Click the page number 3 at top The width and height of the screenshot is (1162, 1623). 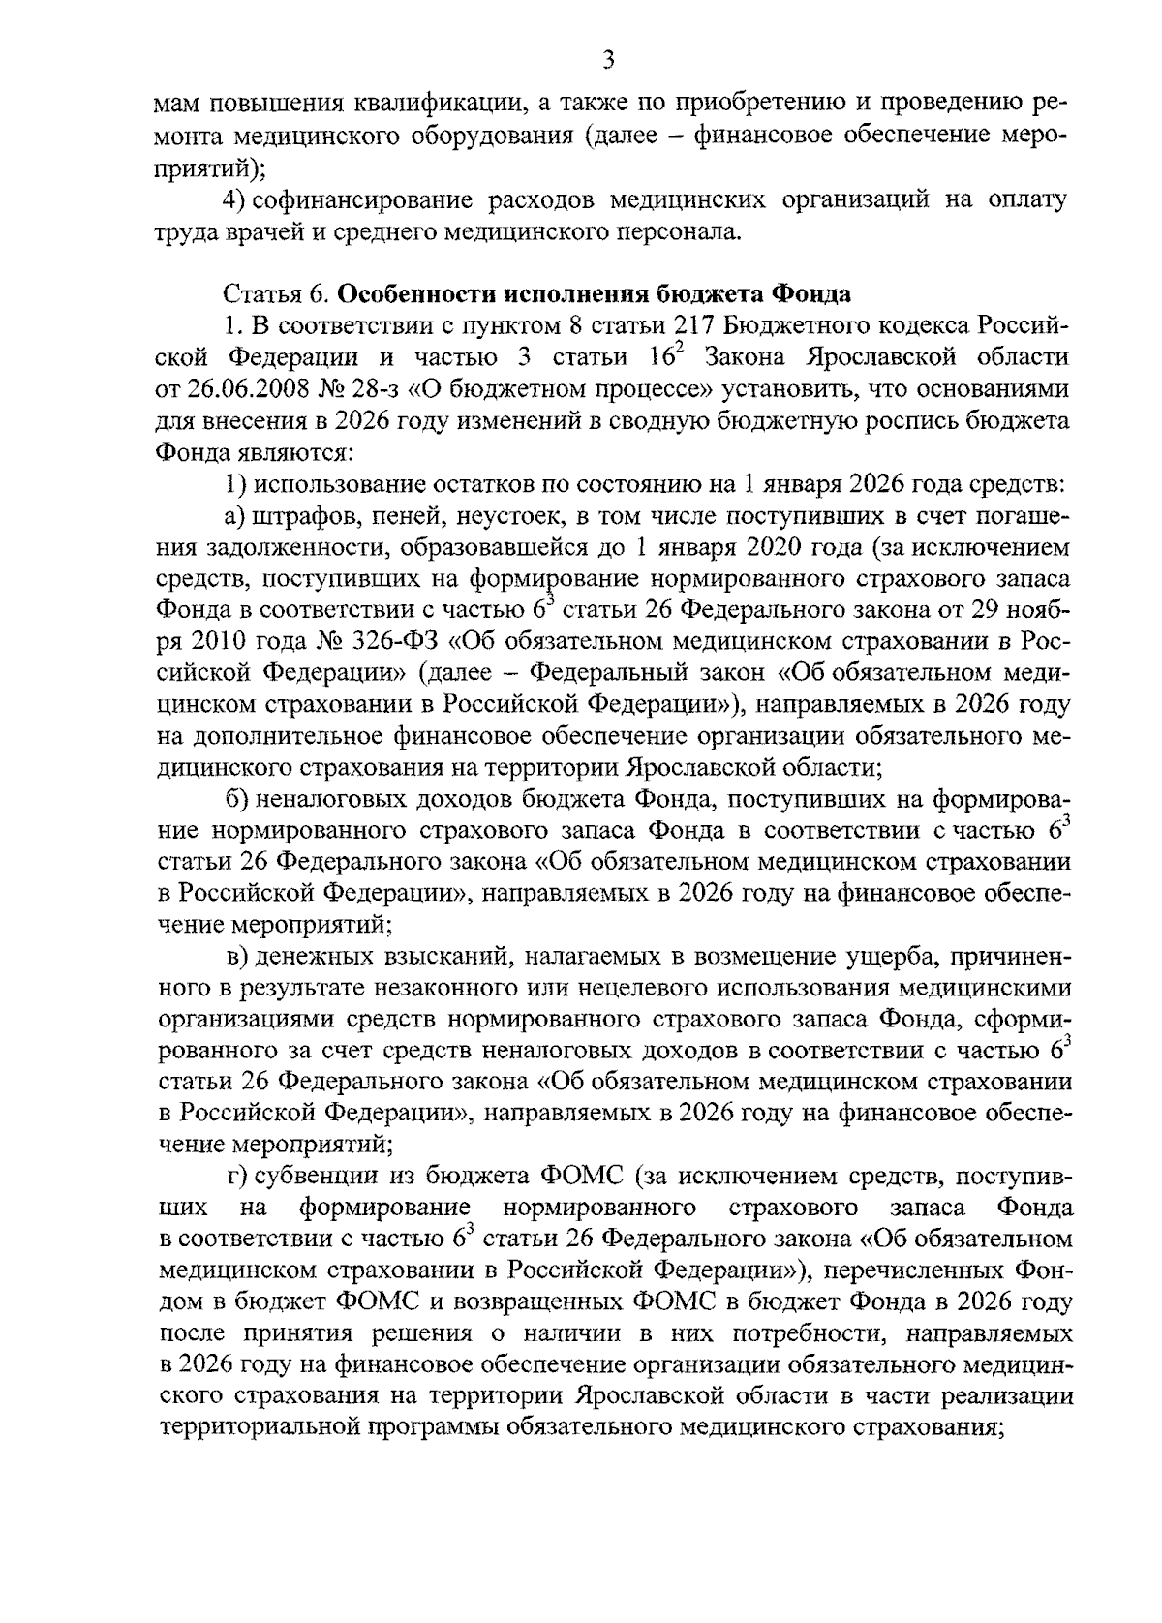click(608, 61)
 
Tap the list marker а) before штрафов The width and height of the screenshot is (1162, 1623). click(232, 515)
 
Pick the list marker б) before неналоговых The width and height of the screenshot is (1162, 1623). click(233, 800)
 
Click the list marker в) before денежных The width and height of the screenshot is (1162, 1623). click(233, 958)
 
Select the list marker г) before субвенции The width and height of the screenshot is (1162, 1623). click(232, 1178)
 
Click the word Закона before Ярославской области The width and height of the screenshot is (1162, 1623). click(748, 356)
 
